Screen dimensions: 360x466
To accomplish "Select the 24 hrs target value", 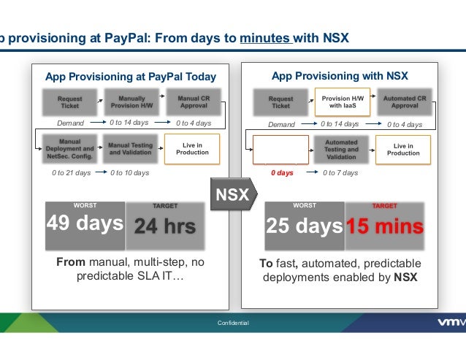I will (x=165, y=226).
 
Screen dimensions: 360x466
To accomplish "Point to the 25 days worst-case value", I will (x=304, y=226).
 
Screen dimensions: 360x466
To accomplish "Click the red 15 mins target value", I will (x=385, y=226).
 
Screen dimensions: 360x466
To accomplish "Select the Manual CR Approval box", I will (x=190, y=101).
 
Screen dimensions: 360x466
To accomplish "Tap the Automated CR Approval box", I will (x=403, y=102).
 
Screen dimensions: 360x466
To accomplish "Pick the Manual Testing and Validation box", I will (x=130, y=149).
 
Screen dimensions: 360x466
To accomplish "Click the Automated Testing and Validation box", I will (x=341, y=149).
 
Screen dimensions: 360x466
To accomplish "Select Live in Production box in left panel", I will (x=191, y=149).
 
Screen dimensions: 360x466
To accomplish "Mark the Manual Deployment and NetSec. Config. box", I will (x=71, y=149).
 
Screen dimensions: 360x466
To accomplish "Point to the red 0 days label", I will (x=282, y=173).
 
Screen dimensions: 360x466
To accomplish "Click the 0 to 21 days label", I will (x=71, y=173).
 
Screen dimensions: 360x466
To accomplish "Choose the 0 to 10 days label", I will (x=130, y=173).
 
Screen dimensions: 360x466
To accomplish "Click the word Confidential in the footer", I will (x=233, y=323).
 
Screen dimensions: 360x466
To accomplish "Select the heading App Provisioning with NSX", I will (x=340, y=76).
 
